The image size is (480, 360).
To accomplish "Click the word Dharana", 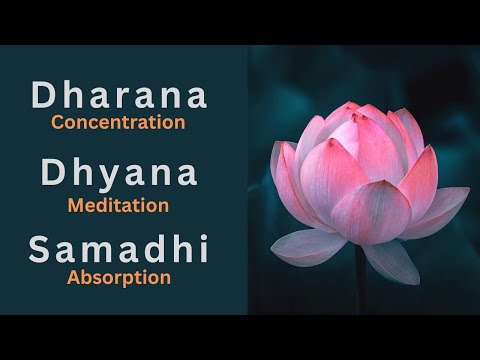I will click(119, 96).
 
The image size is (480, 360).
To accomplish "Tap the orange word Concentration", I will click(119, 123).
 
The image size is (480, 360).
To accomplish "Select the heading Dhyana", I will click(119, 172).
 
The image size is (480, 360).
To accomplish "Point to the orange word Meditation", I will click(118, 205).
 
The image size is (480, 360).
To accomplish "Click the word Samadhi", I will click(119, 250).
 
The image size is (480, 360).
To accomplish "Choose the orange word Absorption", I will click(119, 277).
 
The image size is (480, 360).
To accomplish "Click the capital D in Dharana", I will click(44, 96).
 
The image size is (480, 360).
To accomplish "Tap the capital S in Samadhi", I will click(41, 250).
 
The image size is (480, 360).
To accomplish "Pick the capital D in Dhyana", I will click(55, 172).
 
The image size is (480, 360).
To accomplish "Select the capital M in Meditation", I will click(75, 205).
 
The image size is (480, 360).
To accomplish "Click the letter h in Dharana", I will click(70, 96).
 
